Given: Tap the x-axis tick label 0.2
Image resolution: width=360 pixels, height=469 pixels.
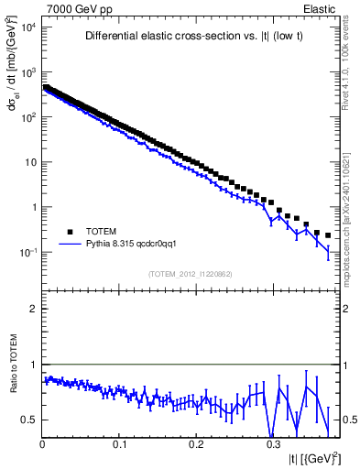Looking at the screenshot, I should pos(195,443).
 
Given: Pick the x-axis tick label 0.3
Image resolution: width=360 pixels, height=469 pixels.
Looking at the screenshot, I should pos(272,443).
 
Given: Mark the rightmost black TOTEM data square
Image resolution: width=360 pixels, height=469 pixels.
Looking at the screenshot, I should pos(327,234).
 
